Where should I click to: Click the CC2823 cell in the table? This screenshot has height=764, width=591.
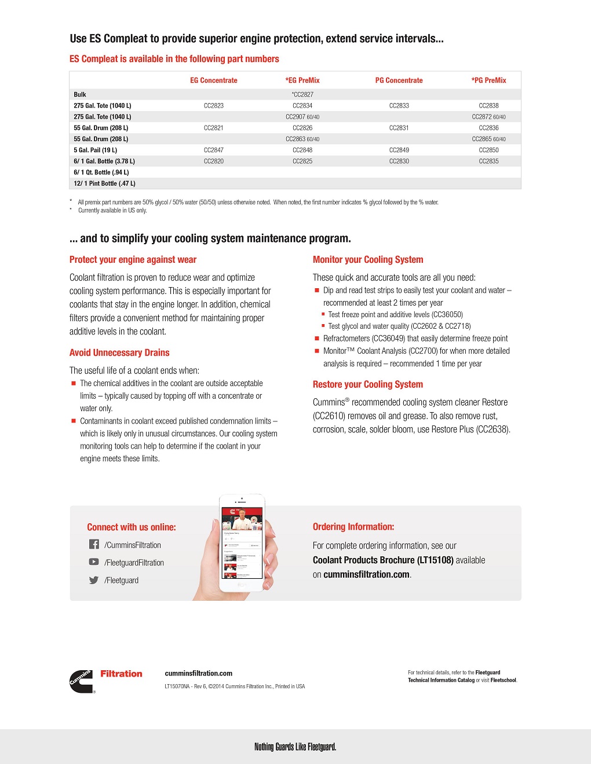pyautogui.click(x=213, y=105)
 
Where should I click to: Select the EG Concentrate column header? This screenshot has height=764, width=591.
pyautogui.click(x=213, y=80)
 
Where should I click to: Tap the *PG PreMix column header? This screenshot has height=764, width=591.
pyautogui.click(x=488, y=80)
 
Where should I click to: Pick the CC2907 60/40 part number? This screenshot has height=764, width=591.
pyautogui.click(x=302, y=117)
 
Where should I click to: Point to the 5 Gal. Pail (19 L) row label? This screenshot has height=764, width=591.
pyautogui.click(x=96, y=150)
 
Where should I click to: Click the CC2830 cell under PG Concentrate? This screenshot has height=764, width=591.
pyautogui.click(x=399, y=161)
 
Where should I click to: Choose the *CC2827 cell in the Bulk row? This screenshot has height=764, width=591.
pyautogui.click(x=302, y=94)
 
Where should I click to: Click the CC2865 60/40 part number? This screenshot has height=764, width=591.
pyautogui.click(x=488, y=139)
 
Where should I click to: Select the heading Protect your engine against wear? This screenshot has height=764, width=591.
pyautogui.click(x=133, y=260)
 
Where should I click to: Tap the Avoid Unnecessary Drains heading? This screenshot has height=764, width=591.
pyautogui.click(x=119, y=352)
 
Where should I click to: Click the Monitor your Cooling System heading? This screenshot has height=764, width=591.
pyautogui.click(x=368, y=260)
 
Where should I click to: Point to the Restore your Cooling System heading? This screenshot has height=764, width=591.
pyautogui.click(x=368, y=384)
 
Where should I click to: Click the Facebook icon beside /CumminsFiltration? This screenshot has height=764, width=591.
pyautogui.click(x=94, y=544)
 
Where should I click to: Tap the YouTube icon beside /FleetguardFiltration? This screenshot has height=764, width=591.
pyautogui.click(x=94, y=561)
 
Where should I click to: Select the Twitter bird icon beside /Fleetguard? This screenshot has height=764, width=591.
pyautogui.click(x=94, y=580)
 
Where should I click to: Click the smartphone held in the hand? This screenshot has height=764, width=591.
pyautogui.click(x=242, y=541)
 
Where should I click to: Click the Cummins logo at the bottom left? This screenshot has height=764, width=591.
pyautogui.click(x=81, y=681)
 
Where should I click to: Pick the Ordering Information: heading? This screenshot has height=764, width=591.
pyautogui.click(x=353, y=527)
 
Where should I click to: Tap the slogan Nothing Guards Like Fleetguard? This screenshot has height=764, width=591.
pyautogui.click(x=295, y=747)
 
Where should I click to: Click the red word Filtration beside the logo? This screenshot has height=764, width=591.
pyautogui.click(x=121, y=674)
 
